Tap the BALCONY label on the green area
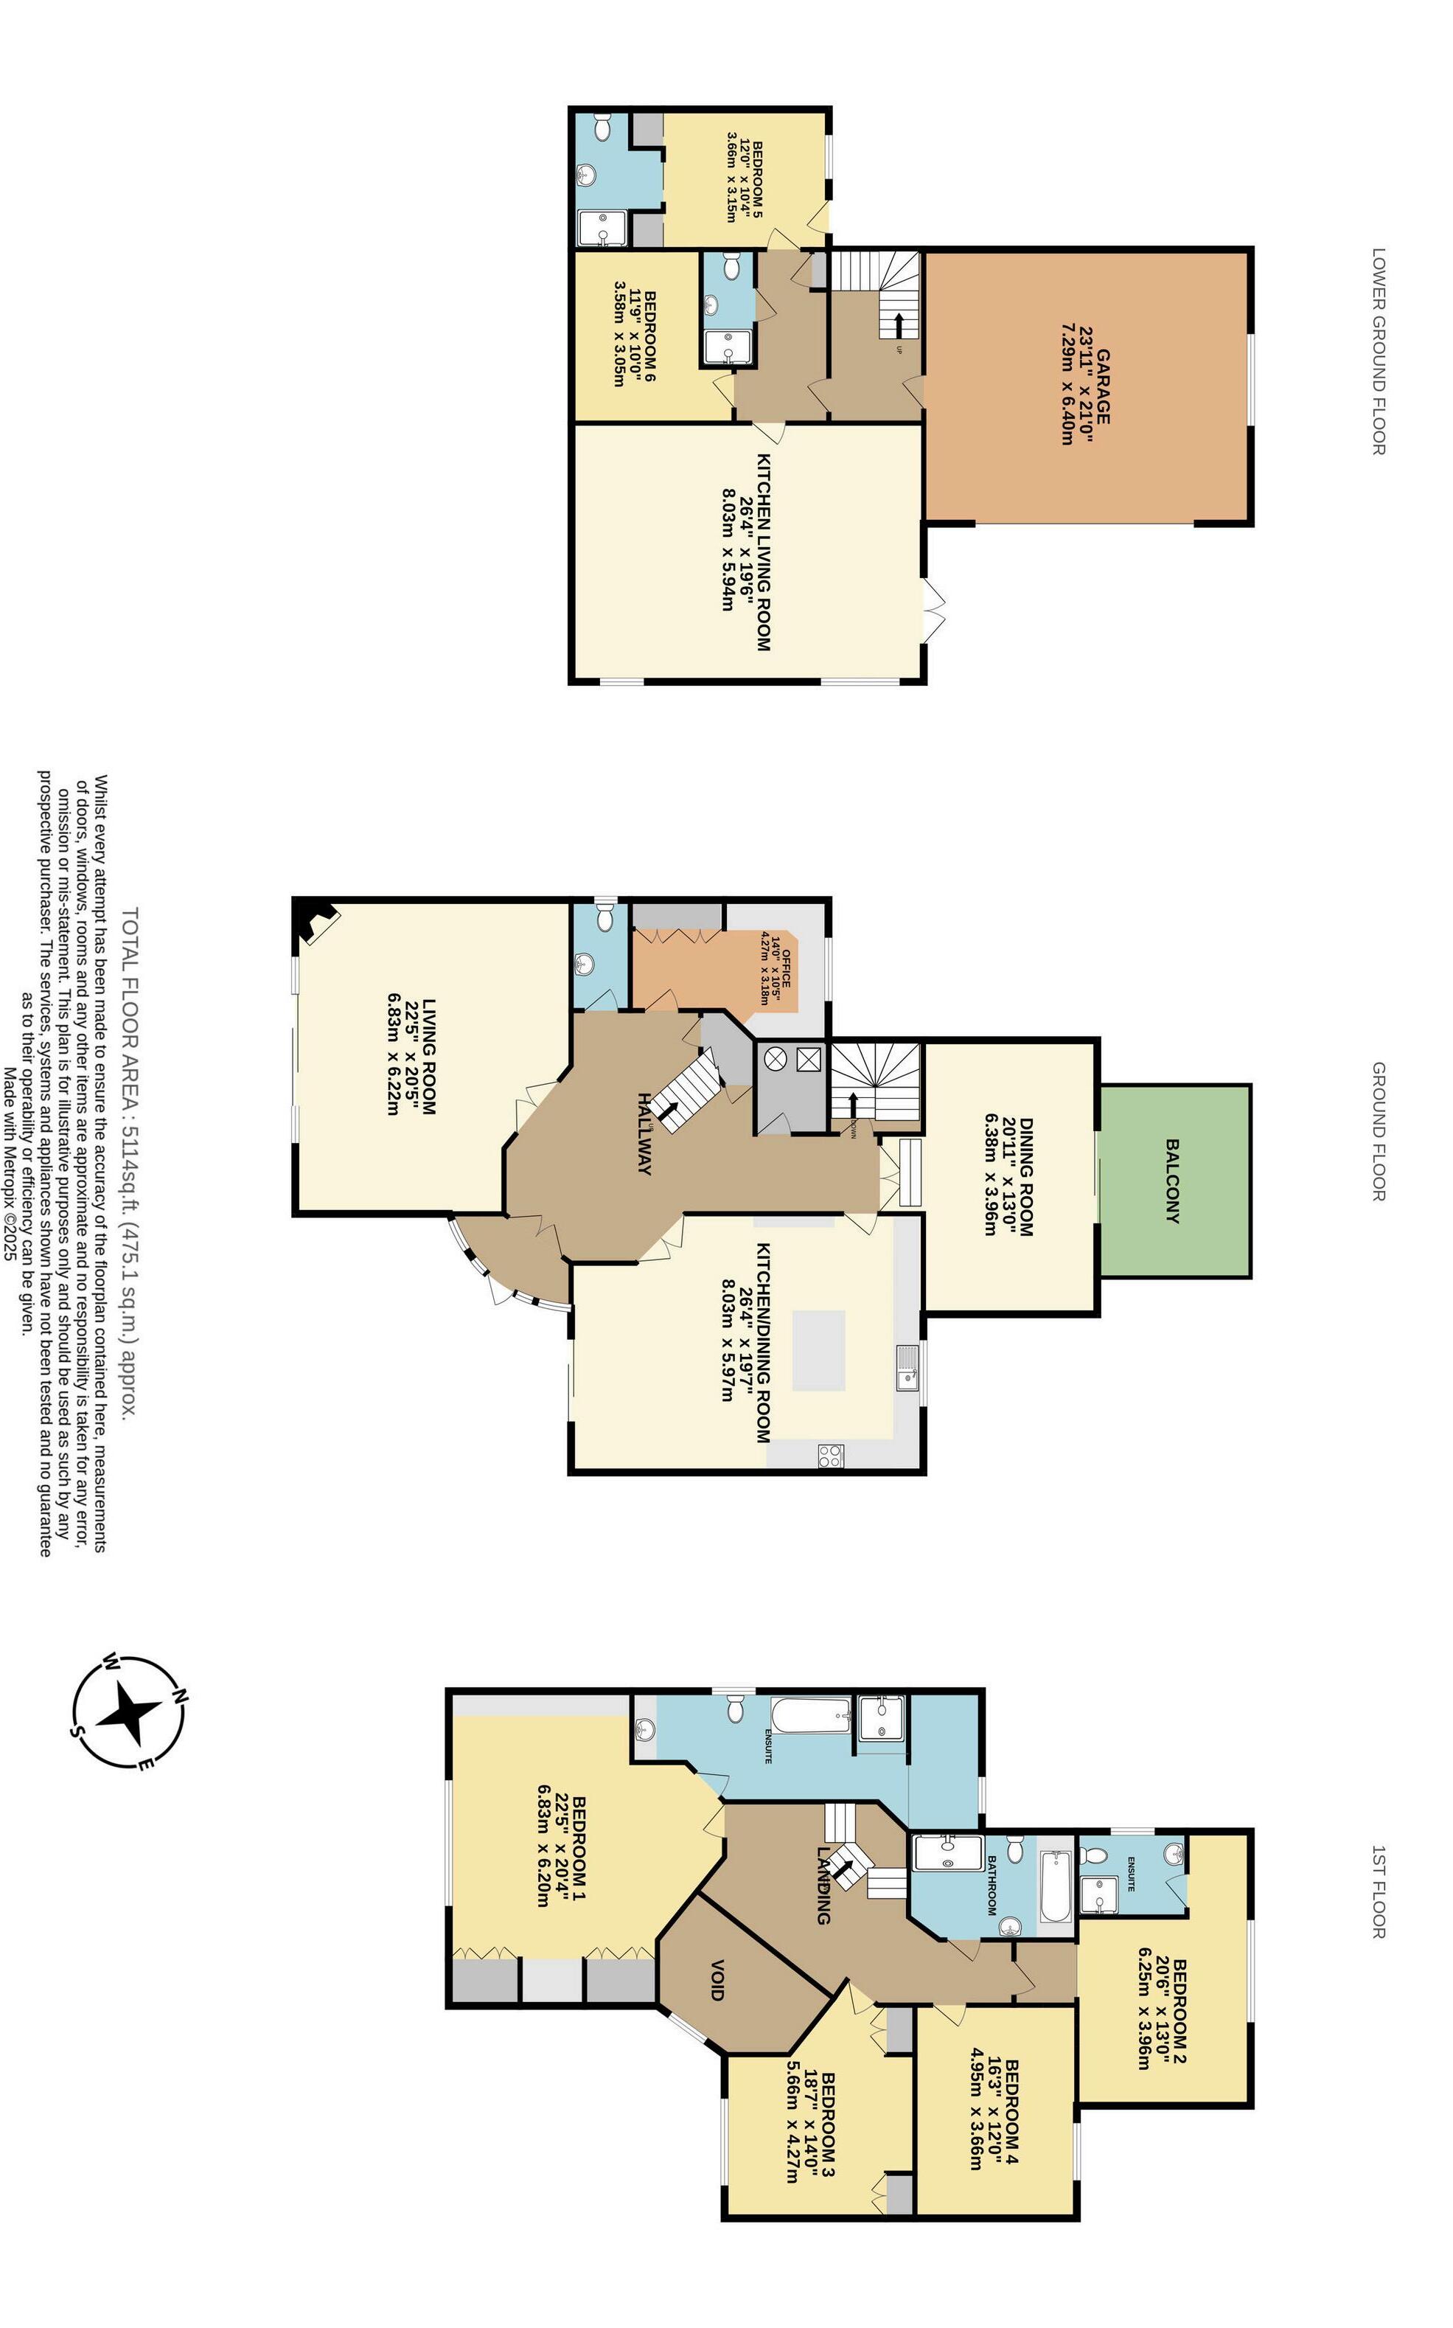coord(1171,1181)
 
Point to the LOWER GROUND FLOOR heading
coord(1378,351)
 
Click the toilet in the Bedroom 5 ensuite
coord(602,127)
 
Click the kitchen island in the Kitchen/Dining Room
coord(819,1350)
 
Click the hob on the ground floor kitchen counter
coord(830,1455)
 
